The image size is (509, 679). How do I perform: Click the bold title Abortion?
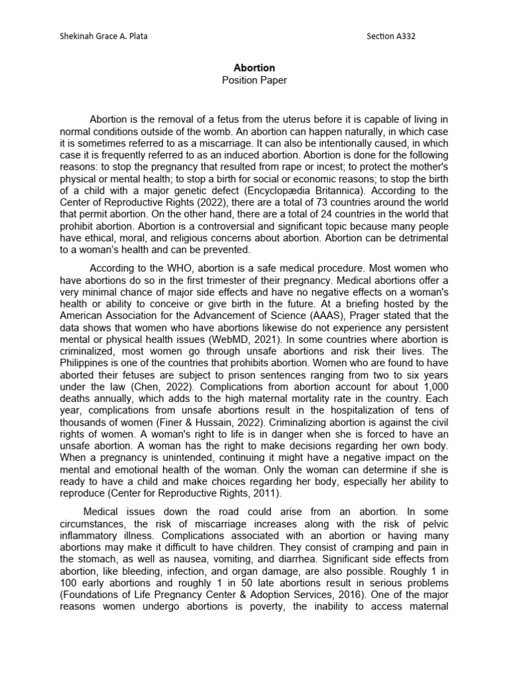pyautogui.click(x=254, y=68)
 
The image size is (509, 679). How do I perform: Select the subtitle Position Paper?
pyautogui.click(x=254, y=80)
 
